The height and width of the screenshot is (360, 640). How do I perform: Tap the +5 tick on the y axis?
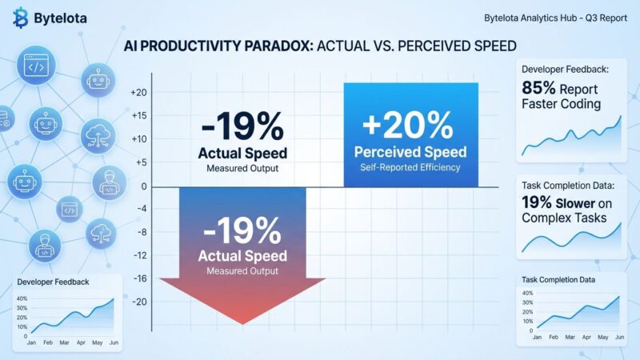click(x=140, y=162)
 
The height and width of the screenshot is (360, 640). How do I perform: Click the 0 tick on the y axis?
click(x=145, y=186)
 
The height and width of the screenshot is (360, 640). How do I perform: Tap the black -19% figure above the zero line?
click(x=243, y=126)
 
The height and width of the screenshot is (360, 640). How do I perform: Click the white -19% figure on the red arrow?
click(x=242, y=232)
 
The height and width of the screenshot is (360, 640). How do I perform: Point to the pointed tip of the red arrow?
click(x=242, y=322)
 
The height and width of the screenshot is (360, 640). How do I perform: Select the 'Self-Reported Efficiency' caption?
click(x=410, y=167)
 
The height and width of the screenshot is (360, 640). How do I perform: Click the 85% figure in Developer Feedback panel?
click(x=541, y=88)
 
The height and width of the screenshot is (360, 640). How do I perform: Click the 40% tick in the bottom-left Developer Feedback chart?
click(x=22, y=299)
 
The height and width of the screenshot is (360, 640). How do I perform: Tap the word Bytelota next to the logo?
click(x=62, y=17)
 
